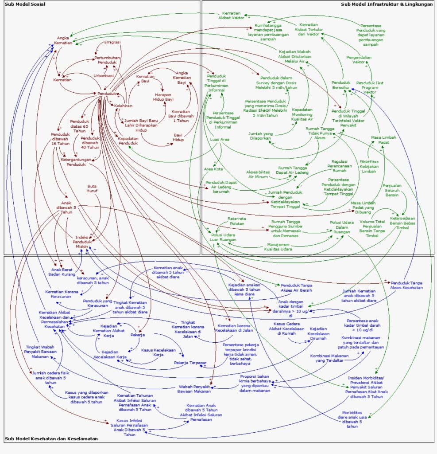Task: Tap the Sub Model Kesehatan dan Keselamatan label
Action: point(51,439)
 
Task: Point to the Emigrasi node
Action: point(112,43)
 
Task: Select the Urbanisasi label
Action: point(103,75)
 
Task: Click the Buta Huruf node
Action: point(92,188)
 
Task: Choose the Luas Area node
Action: point(220,139)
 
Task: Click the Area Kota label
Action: point(213,169)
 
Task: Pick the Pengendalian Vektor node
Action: point(359,60)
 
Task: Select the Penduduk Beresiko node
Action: point(340,85)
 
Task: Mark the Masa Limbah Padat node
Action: point(383,140)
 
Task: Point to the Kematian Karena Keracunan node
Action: point(62,294)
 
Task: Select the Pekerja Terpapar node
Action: point(190,363)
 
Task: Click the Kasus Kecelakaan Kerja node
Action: point(159,352)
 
